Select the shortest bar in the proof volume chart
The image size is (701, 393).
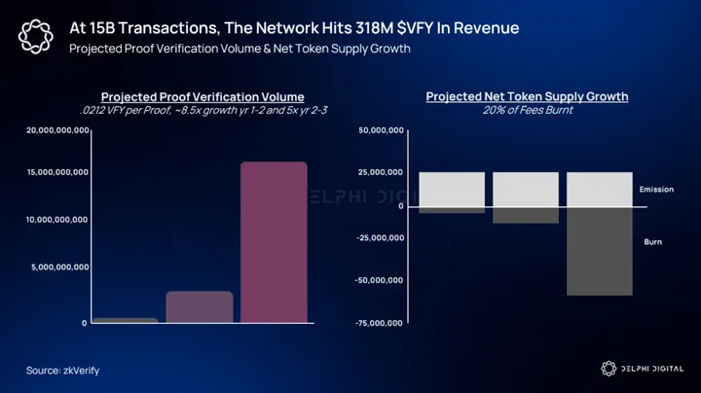click(126, 320)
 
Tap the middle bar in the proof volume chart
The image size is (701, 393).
click(200, 306)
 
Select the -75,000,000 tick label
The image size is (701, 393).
click(381, 323)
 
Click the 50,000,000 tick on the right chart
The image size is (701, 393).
click(384, 129)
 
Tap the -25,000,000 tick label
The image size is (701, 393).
click(381, 237)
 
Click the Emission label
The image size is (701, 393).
click(656, 189)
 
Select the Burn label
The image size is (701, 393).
click(652, 241)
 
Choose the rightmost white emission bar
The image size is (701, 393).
click(600, 189)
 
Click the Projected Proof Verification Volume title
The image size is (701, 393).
click(203, 97)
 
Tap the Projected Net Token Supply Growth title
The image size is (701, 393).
click(527, 97)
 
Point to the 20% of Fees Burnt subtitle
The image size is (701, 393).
click(527, 111)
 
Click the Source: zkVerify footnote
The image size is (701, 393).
click(62, 370)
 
